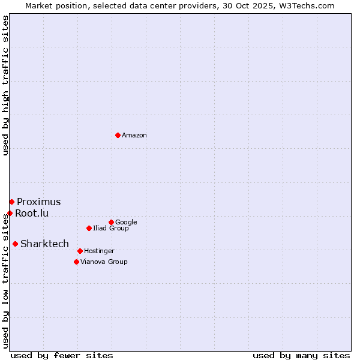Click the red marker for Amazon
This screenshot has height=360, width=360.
[118, 135]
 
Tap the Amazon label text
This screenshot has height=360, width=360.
[134, 136]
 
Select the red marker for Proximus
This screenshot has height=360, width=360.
[11, 202]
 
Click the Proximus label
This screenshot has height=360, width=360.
[38, 202]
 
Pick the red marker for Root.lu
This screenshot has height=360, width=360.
[10, 213]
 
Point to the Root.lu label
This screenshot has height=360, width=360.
[32, 213]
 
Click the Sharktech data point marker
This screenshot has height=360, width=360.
[15, 244]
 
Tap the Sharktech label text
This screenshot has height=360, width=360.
[44, 244]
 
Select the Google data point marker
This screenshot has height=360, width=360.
[111, 222]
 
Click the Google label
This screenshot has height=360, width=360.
[126, 223]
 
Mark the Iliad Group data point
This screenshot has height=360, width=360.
[89, 228]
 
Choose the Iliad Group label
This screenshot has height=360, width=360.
[110, 228]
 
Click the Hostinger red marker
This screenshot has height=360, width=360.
[80, 251]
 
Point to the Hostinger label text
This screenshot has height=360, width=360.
[99, 251]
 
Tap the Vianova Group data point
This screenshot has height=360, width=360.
[76, 262]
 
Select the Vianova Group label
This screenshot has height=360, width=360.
[104, 262]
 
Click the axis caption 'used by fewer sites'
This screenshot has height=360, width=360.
[62, 355]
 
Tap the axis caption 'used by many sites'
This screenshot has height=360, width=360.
[301, 355]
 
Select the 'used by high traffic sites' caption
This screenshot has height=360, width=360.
[5, 85]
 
